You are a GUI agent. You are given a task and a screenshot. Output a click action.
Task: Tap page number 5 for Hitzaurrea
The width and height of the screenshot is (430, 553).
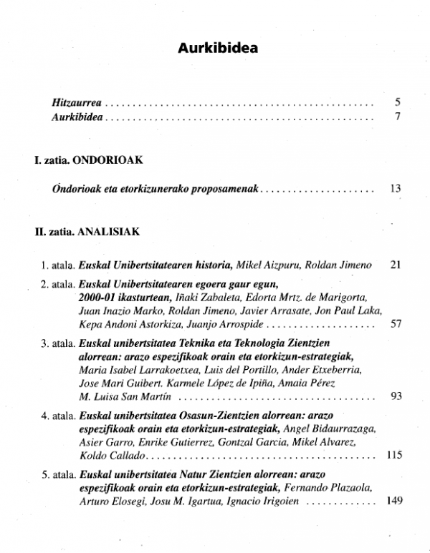(x=396, y=103)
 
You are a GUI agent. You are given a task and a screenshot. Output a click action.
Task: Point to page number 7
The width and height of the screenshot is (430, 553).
(x=396, y=117)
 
